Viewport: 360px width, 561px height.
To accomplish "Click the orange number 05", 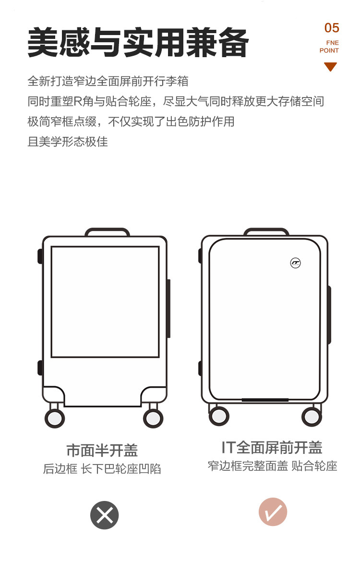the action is (332, 28).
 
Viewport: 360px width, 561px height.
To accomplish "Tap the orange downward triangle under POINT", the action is (330, 67).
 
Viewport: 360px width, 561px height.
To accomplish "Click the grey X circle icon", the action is (104, 515).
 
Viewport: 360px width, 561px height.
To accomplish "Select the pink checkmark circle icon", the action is (273, 512).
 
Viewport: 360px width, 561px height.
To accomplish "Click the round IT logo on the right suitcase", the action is (295, 263).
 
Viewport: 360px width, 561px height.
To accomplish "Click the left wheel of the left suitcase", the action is (55, 418).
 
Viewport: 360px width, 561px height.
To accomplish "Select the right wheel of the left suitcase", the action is (153, 418).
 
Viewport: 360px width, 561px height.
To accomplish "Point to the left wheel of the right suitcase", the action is (219, 415).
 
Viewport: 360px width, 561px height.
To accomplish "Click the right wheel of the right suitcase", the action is (312, 415).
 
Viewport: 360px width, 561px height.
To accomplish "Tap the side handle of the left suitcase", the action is (168, 308).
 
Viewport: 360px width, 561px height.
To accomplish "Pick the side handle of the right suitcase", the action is (329, 315).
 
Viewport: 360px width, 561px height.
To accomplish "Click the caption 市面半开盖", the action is (102, 451).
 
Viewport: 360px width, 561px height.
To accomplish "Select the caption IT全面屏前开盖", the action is (272, 448).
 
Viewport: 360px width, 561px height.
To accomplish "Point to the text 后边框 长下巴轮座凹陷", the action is (102, 469).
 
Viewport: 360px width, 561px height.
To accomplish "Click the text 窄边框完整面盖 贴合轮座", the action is (272, 465).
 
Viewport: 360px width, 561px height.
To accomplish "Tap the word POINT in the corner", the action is (329, 50).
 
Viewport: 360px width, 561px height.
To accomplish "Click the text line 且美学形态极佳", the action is (68, 142).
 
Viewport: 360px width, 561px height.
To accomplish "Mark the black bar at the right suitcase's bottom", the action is (265, 400).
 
